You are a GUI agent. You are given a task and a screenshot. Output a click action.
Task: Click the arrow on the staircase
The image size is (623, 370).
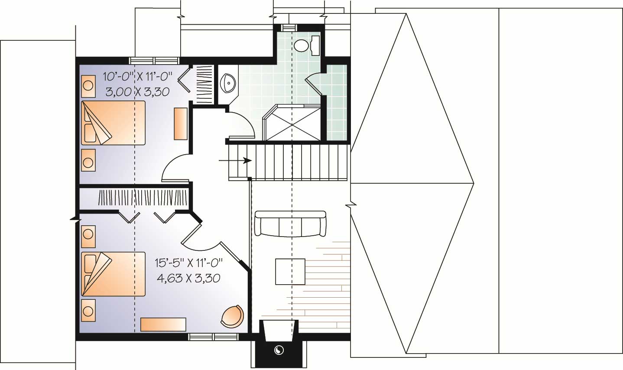click(x=236, y=160)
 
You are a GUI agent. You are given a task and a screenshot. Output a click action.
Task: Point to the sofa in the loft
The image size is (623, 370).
click(x=290, y=224)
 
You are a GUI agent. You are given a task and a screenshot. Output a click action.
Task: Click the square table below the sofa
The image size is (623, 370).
click(x=290, y=271)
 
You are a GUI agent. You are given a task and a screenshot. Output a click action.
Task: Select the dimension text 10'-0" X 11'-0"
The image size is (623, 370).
click(x=138, y=77)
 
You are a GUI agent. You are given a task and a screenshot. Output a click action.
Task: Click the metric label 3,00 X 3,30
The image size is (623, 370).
click(x=137, y=91)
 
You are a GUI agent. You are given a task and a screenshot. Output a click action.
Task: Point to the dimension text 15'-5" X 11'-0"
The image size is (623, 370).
click(x=188, y=263)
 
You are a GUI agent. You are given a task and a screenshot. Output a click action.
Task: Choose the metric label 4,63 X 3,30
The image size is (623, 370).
click(x=188, y=278)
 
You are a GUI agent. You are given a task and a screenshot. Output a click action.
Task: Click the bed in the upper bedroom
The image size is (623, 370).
click(x=113, y=123)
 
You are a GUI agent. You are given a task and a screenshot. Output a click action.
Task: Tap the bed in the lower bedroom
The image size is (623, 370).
click(x=113, y=274)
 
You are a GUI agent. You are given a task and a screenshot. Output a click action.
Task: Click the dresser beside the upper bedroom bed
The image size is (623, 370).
click(x=181, y=123)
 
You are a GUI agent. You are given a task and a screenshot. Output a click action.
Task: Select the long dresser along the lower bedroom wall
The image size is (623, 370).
click(x=163, y=324)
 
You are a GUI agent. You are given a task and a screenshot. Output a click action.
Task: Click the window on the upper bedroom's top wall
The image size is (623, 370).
click(x=155, y=61)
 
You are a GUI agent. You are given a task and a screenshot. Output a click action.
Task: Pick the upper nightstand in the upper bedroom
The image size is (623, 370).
click(x=88, y=85)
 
